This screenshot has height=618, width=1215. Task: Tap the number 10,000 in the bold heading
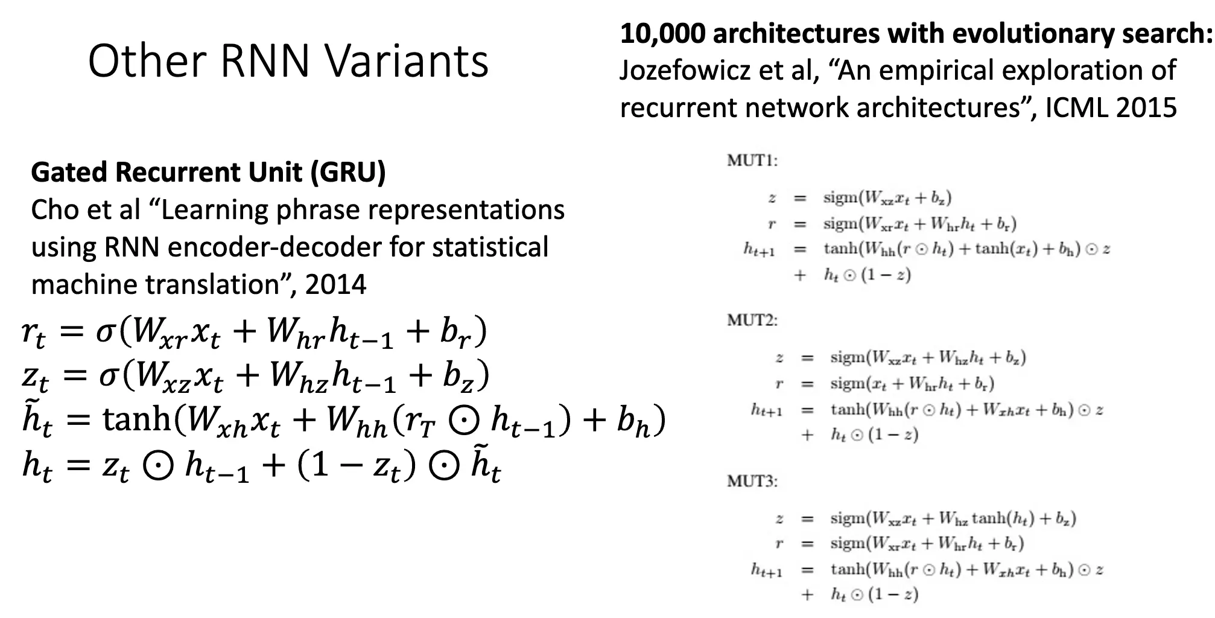(662, 33)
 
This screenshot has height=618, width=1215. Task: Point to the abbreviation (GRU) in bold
(348, 172)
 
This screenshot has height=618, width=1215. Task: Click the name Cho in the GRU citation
(56, 210)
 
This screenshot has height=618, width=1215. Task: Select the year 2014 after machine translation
(335, 284)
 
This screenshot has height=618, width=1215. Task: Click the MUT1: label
(752, 161)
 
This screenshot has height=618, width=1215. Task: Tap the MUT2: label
(752, 320)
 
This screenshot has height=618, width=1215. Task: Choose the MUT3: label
(752, 481)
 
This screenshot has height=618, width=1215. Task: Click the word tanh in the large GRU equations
(137, 419)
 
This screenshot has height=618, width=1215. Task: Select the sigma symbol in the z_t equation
(109, 375)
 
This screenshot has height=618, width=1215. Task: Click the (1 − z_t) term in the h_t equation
(356, 467)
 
